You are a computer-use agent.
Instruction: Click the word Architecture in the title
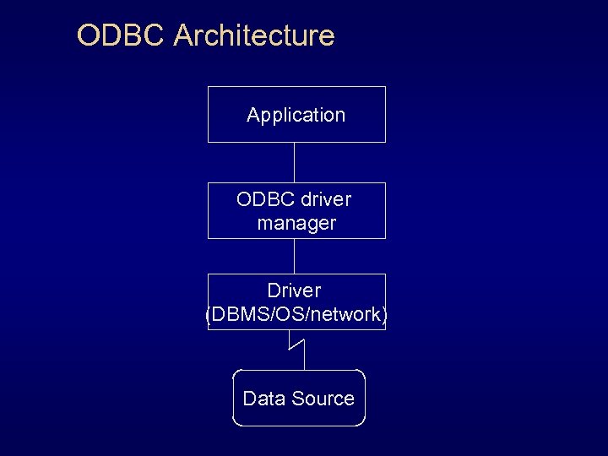click(x=254, y=36)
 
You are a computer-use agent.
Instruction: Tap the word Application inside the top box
click(x=296, y=115)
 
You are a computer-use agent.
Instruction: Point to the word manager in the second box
click(x=296, y=223)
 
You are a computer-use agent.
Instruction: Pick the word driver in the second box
click(x=324, y=199)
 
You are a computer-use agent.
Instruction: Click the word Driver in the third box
click(x=295, y=290)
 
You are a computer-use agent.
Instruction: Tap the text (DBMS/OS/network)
click(x=296, y=314)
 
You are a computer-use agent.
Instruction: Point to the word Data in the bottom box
click(x=263, y=399)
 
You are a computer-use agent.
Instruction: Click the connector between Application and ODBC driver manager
click(x=294, y=162)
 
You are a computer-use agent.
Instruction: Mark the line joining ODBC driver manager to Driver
click(x=294, y=256)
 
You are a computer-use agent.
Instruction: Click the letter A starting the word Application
click(x=252, y=115)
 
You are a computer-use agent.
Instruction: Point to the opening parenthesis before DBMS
click(x=209, y=315)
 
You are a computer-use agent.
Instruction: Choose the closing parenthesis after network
click(x=385, y=315)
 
